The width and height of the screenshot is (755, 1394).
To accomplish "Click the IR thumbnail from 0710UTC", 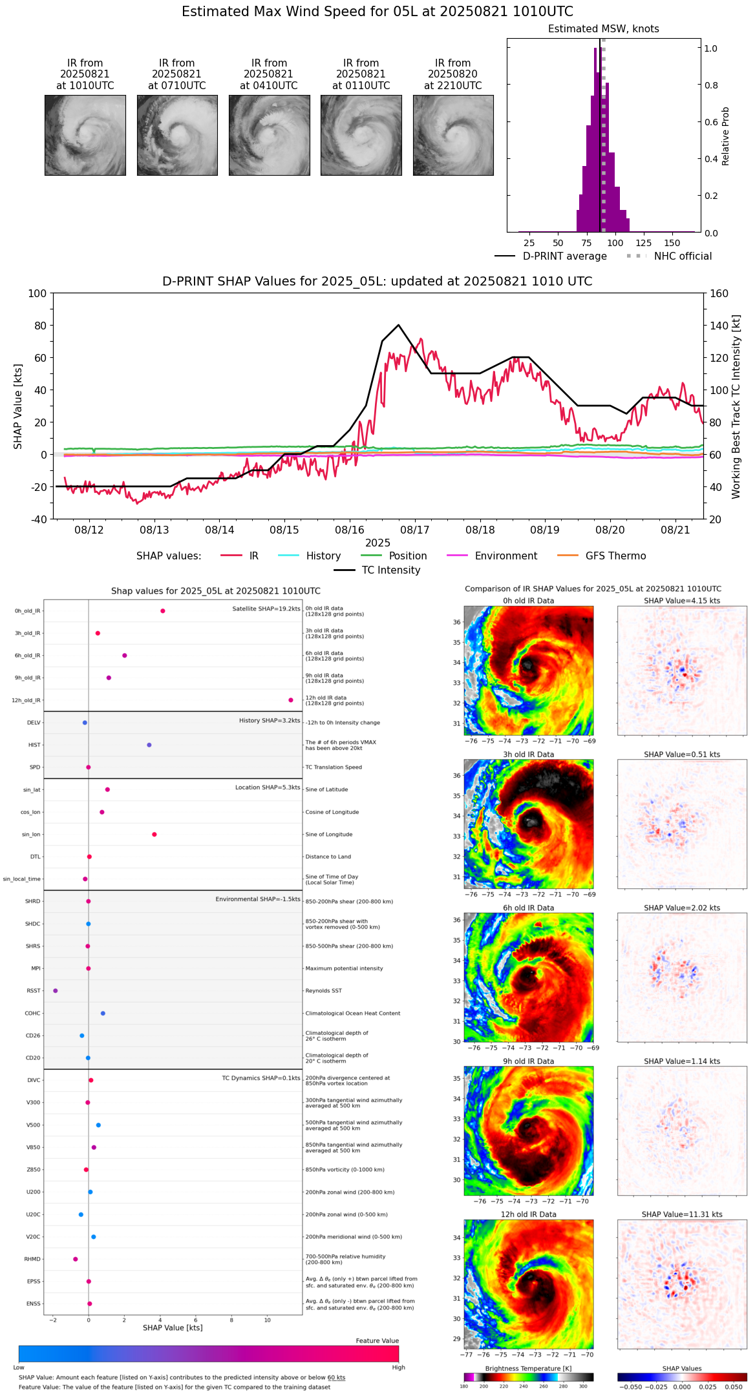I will coord(177,135).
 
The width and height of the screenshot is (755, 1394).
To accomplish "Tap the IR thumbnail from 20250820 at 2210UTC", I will coord(453,135).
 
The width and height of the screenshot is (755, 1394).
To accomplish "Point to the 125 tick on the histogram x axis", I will coord(643,243).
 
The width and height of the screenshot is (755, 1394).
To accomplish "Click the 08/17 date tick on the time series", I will coord(415,530).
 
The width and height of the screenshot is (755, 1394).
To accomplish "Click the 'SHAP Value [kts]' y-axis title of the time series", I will coord(18,406).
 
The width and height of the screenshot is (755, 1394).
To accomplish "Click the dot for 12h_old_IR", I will coord(291,700).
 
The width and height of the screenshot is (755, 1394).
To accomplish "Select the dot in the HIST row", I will coord(149,745).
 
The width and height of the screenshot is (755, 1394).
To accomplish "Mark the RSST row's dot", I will coord(56,991).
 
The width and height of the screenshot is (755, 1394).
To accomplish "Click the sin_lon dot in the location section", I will coord(154,835).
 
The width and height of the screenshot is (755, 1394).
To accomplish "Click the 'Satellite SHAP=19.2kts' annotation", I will coord(266,609).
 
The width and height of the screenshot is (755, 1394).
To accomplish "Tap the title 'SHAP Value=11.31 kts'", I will coord(682,1214).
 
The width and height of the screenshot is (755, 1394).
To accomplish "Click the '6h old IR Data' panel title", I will coord(528,908).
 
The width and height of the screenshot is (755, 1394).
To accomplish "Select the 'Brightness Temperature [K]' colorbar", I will coord(528,1377).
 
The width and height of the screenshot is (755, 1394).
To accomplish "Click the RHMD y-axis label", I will coord(32,1259).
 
